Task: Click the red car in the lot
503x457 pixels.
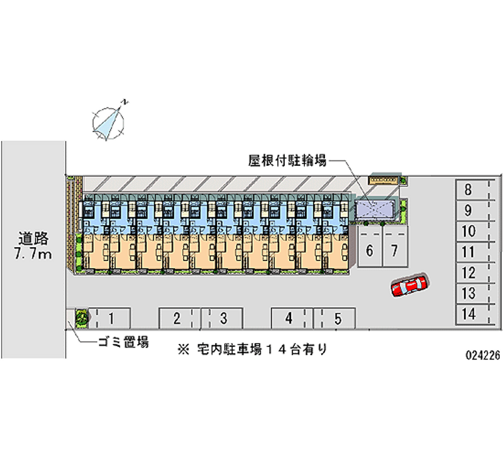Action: point(409,285)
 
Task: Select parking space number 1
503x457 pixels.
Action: point(110,318)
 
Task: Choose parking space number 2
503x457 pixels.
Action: point(177,318)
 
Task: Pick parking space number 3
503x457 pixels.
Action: point(223,318)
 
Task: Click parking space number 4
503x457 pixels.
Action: point(289,318)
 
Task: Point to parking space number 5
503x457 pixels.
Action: point(337,318)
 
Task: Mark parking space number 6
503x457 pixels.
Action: point(370,251)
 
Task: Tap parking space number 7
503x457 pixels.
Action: point(394,251)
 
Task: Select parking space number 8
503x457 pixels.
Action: point(468,189)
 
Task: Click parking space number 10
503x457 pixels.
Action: point(468,231)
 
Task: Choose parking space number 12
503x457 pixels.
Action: point(468,273)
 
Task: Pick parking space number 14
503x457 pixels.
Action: point(468,314)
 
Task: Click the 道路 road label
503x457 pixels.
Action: point(33,238)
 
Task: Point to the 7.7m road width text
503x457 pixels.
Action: point(33,253)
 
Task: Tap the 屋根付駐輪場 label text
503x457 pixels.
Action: point(287,161)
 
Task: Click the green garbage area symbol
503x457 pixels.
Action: point(81,318)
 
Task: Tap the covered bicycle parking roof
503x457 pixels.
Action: point(376,209)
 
